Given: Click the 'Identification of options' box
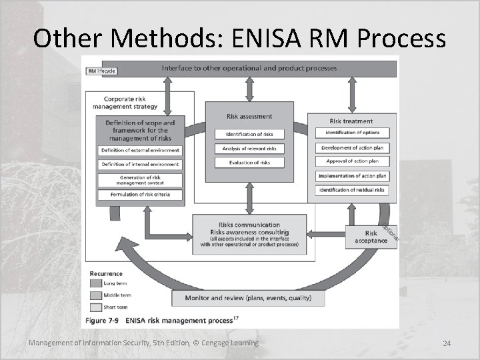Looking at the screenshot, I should tap(352, 133).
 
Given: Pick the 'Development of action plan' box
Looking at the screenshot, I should tap(352, 147).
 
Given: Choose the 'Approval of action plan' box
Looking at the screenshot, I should tap(352, 161).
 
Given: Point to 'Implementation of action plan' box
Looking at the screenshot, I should tap(352, 176).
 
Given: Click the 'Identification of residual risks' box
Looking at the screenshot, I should tap(352, 190).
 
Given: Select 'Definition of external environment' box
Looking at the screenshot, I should tap(140, 150).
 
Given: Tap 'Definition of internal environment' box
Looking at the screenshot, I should tap(140, 164).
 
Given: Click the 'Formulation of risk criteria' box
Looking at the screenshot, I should tap(140, 194).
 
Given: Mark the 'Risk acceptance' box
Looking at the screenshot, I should tap(371, 237).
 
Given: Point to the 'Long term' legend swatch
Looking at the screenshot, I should tap(96, 283).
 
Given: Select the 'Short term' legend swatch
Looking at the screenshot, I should tap(96, 307).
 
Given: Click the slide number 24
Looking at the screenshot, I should tap(447, 343).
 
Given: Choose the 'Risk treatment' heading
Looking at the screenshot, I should tap(351, 121).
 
